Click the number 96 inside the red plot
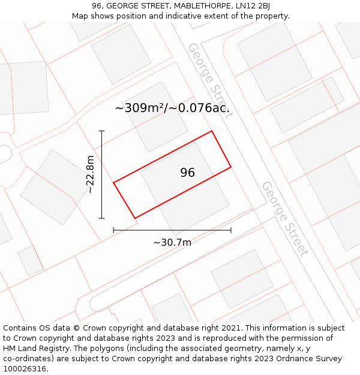[x=187, y=173]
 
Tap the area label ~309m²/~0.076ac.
[x=172, y=109]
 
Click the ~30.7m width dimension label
[x=172, y=242]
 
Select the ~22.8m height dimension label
[x=90, y=175]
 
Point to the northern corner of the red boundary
[x=212, y=131]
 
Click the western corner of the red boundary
[x=114, y=182]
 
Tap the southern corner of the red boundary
[x=135, y=218]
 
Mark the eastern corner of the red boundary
[x=231, y=167]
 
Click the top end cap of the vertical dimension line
[x=102, y=131]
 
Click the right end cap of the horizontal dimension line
[x=231, y=230]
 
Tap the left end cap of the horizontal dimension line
[x=114, y=230]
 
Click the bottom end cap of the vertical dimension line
[x=102, y=218]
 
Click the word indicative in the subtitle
[x=175, y=16]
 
